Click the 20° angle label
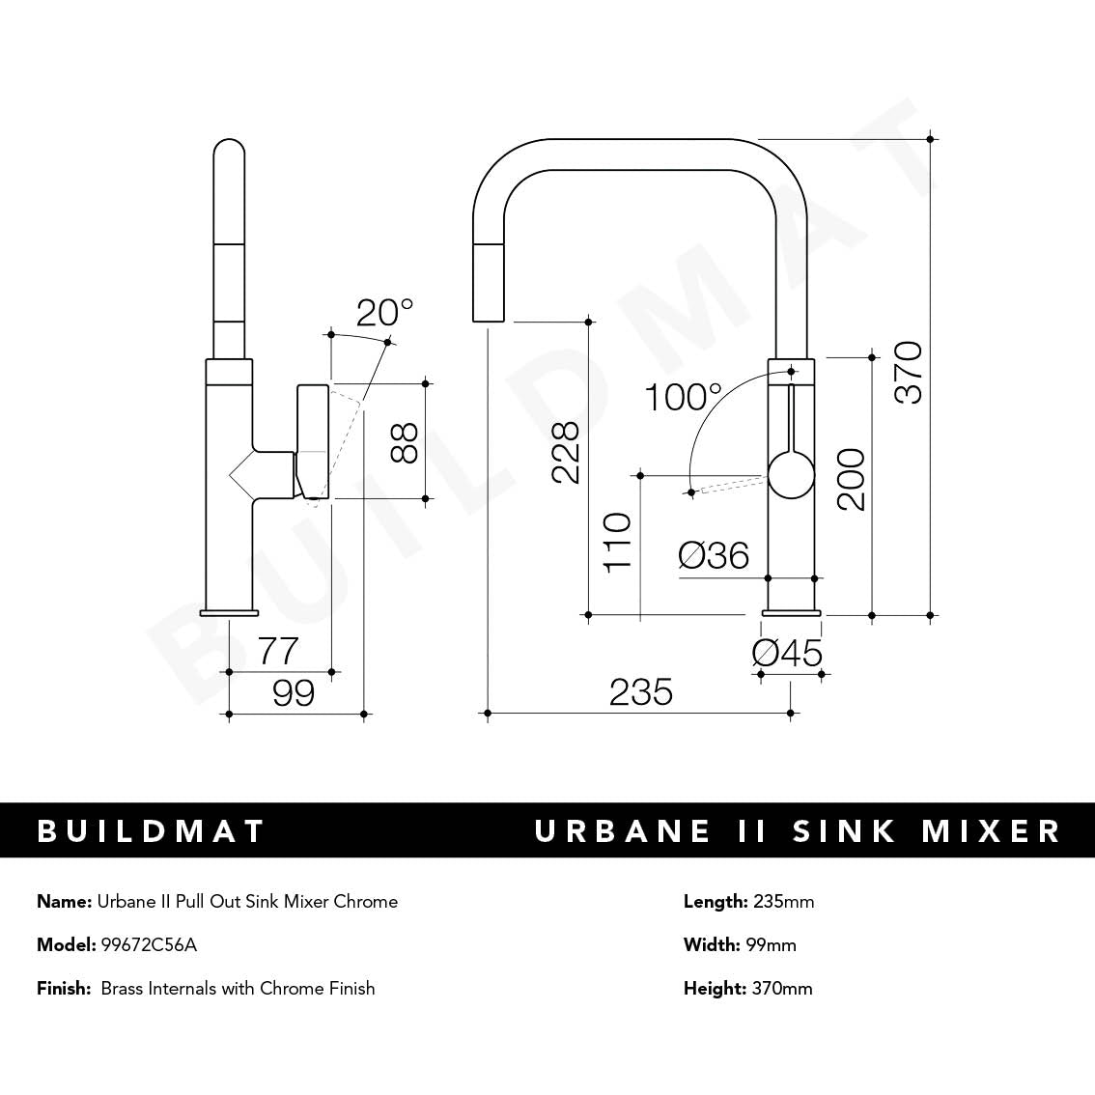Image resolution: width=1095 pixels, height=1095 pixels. point(384,313)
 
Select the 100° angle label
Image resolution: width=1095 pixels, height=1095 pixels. point(683,397)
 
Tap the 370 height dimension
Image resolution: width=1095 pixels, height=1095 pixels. point(909,373)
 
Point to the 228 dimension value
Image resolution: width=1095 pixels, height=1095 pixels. point(564,452)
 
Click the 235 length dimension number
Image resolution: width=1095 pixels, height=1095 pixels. point(640,692)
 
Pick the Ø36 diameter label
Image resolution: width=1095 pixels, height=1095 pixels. point(714,555)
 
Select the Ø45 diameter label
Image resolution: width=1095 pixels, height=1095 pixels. point(787,654)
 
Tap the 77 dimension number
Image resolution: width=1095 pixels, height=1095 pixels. point(278,651)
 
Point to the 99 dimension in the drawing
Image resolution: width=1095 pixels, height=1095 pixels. point(294,692)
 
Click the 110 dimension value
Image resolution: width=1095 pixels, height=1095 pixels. point(616,542)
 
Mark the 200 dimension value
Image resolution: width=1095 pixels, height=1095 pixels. point(851,479)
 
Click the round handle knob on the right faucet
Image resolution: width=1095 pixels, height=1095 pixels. point(791,475)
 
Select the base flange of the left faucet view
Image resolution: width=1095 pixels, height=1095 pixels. point(229,611)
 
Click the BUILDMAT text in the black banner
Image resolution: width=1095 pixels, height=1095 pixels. point(151,831)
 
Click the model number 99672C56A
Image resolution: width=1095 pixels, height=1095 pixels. point(149,944)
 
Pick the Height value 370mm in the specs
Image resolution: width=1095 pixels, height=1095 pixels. point(781,988)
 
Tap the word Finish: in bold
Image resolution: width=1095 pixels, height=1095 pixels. point(64,988)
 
